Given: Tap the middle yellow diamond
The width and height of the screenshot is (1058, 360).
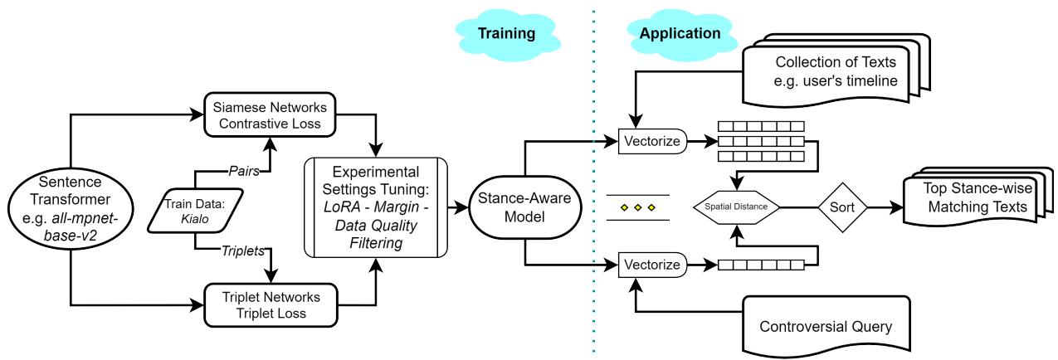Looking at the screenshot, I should point(637,207).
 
